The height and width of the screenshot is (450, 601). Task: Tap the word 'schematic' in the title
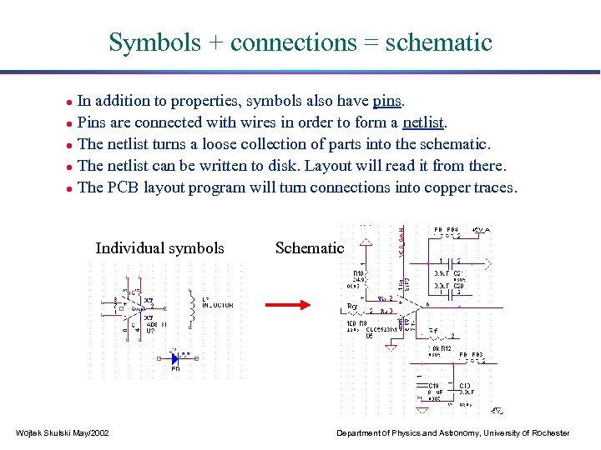tap(438, 42)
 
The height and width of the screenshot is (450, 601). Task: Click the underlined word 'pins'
tap(387, 102)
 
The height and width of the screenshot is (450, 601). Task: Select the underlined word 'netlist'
tap(423, 123)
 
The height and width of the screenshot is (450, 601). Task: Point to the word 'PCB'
tap(123, 187)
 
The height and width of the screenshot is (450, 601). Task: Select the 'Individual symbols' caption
tap(159, 247)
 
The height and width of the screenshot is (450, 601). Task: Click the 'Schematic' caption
tap(309, 247)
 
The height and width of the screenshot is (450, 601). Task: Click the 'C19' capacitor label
tap(434, 386)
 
